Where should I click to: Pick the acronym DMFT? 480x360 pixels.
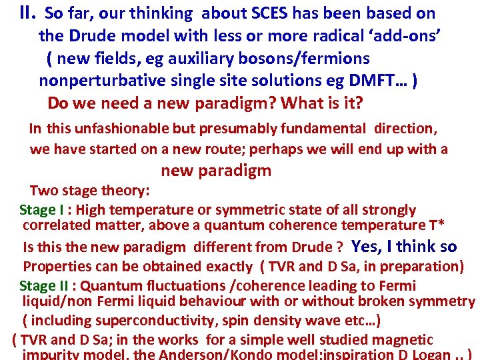click(x=377, y=81)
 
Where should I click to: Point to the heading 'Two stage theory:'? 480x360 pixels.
click(x=89, y=191)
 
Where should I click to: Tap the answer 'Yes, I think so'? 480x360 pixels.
click(x=404, y=247)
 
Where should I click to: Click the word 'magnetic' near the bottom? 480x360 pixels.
click(x=406, y=340)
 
